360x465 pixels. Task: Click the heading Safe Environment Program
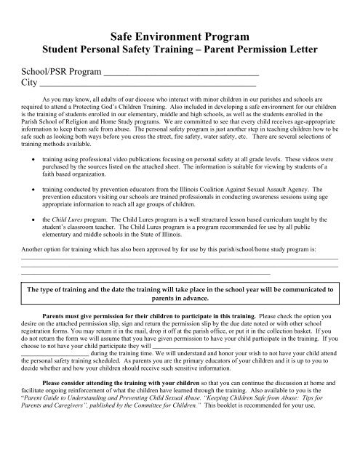[x=180, y=35]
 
